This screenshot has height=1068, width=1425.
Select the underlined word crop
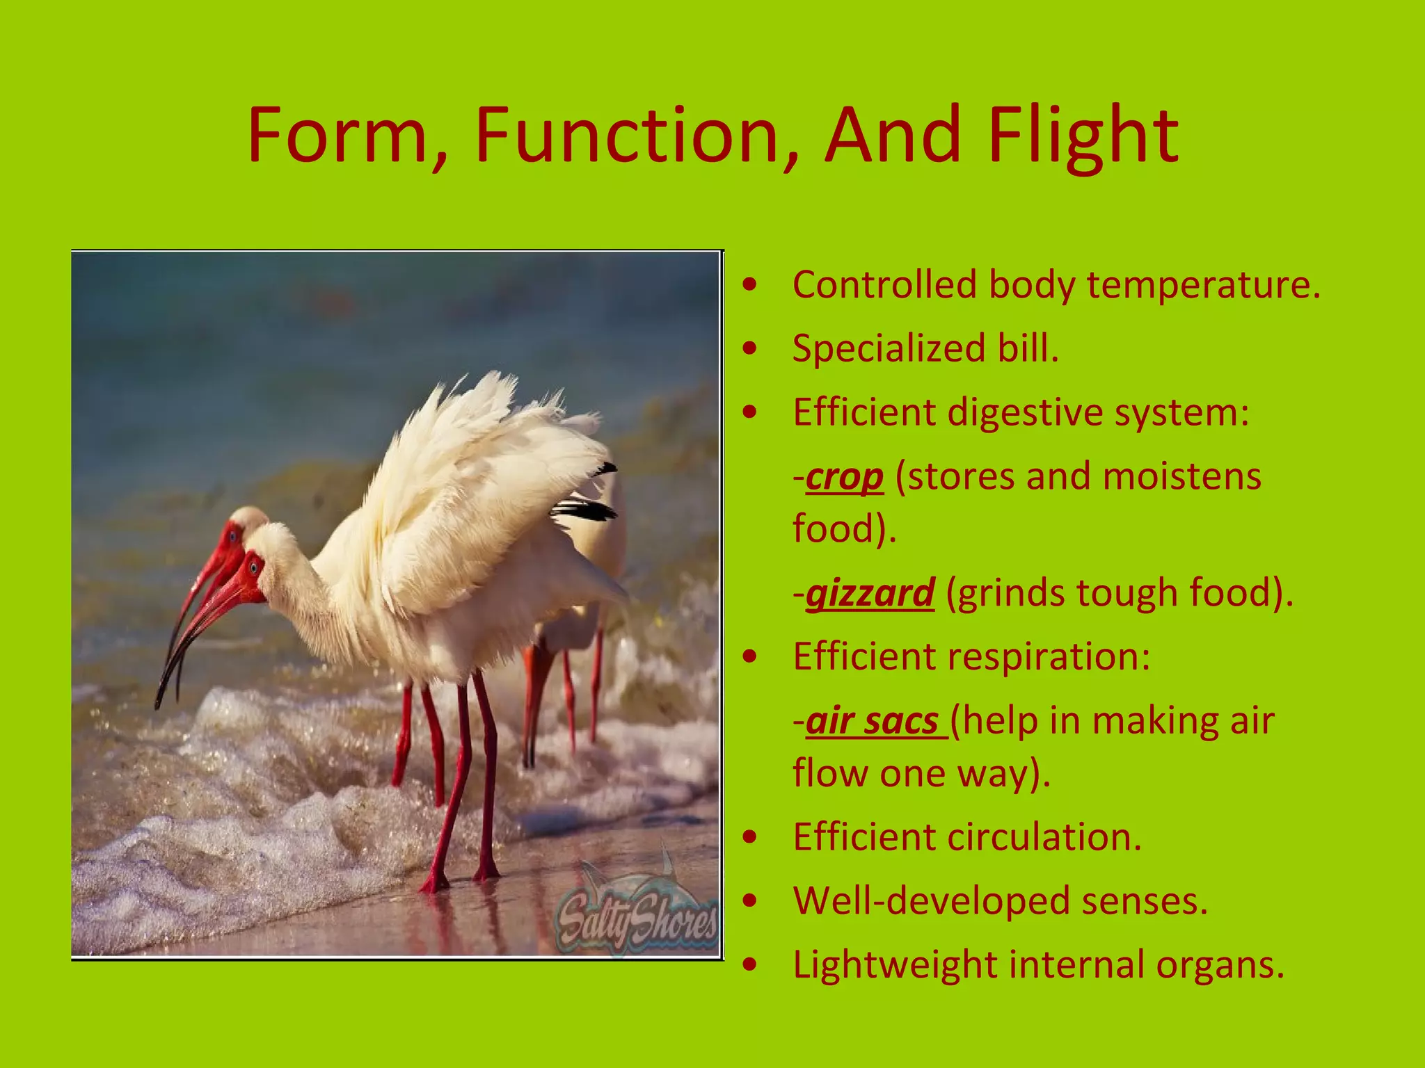(x=845, y=477)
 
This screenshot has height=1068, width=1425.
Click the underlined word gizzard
(x=870, y=593)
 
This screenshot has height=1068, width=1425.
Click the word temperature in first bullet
(x=1203, y=285)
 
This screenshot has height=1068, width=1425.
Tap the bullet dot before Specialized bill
(x=749, y=349)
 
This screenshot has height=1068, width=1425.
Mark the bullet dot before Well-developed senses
(x=749, y=901)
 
